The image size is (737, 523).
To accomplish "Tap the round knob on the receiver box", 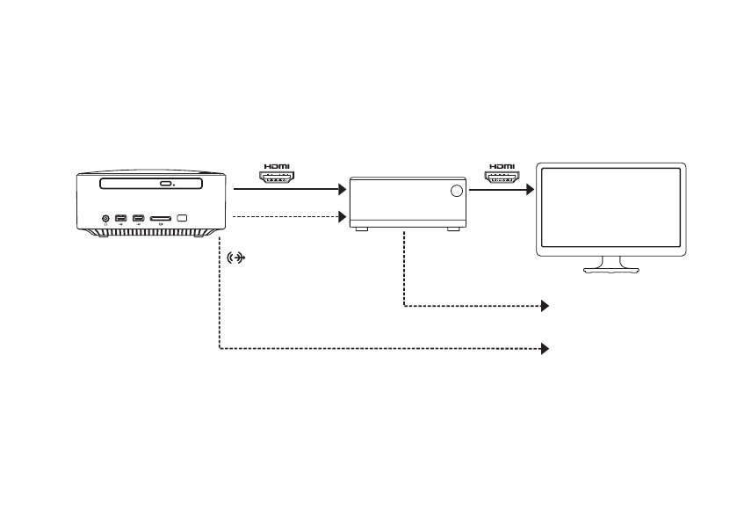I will pos(456,192).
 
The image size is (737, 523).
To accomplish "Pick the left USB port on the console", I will pos(120,217).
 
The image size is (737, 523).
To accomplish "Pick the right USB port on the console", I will pos(138,217).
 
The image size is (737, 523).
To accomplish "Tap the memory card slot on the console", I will pos(160,217).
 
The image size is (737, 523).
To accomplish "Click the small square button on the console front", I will pos(183,217).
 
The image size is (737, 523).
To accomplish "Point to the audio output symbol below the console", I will pos(235,258).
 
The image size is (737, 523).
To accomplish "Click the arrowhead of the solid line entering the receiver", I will pos(343,188).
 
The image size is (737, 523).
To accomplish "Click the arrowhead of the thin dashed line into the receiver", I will pos(343,216).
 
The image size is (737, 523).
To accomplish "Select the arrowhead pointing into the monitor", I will pos(529,188).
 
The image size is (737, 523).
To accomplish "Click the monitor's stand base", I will pos(612,268).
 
